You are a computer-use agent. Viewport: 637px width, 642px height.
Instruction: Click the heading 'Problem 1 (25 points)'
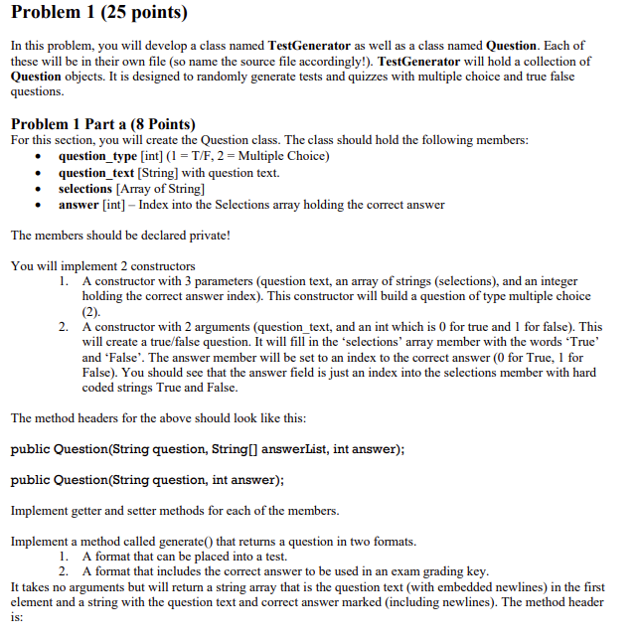point(98,14)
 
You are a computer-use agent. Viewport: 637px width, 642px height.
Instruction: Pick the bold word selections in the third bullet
point(84,188)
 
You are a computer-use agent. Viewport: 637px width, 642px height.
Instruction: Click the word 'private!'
point(206,236)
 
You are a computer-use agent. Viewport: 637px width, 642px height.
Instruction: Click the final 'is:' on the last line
point(17,617)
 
